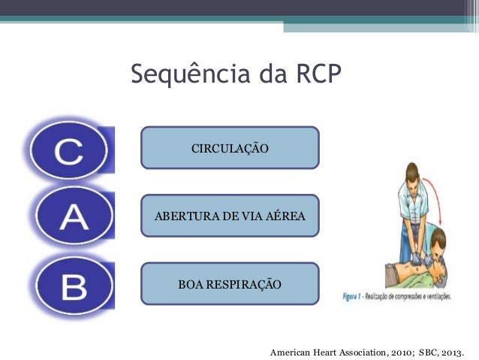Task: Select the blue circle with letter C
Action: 68,151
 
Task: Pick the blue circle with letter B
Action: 72,285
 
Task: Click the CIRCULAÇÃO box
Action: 230,147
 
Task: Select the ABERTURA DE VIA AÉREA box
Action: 230,216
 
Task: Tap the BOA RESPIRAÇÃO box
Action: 230,284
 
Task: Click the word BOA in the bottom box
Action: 190,284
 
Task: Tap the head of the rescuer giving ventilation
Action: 435,242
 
